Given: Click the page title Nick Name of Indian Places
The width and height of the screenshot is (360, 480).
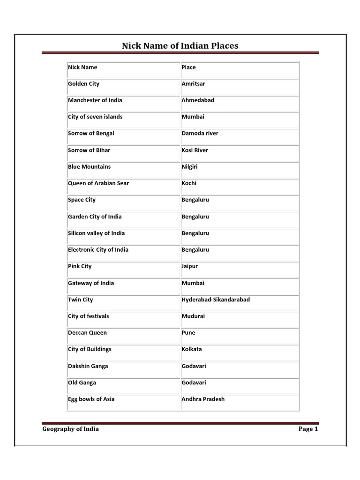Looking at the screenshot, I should [x=180, y=45].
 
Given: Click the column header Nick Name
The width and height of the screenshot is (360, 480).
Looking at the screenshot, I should [x=82, y=67].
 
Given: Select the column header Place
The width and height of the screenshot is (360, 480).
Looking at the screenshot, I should [x=189, y=67].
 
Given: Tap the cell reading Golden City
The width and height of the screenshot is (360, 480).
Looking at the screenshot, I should [x=83, y=84].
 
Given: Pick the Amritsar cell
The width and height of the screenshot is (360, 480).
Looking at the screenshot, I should [x=193, y=84].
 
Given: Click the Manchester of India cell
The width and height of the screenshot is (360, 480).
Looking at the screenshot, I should [x=95, y=100].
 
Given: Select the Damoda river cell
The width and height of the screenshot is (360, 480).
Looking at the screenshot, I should [x=200, y=134].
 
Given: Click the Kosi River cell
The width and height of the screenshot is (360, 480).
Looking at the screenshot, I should [x=195, y=150].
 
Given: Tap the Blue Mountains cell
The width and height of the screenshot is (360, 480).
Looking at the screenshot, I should [x=90, y=167].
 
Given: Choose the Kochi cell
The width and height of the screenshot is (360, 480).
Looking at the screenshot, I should [x=189, y=183].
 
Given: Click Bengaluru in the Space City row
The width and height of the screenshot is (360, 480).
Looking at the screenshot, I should [x=195, y=200].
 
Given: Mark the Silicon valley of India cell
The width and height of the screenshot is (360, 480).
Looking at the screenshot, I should [x=96, y=233].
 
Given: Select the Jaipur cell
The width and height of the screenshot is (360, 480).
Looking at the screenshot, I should [x=190, y=266].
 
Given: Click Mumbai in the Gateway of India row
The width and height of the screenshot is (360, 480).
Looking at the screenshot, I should [x=193, y=283].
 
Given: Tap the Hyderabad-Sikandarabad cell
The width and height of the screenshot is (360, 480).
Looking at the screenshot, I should [x=216, y=300].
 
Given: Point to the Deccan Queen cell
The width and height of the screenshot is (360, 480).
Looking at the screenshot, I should [x=87, y=333].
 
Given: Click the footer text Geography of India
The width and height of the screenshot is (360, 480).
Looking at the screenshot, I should [x=71, y=429].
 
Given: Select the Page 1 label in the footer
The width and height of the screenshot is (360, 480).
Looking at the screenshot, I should [x=308, y=429].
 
